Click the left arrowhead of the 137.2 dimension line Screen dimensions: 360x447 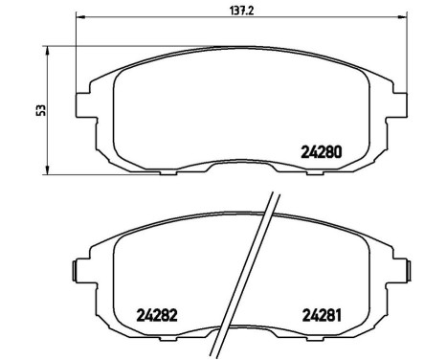[80, 17]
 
